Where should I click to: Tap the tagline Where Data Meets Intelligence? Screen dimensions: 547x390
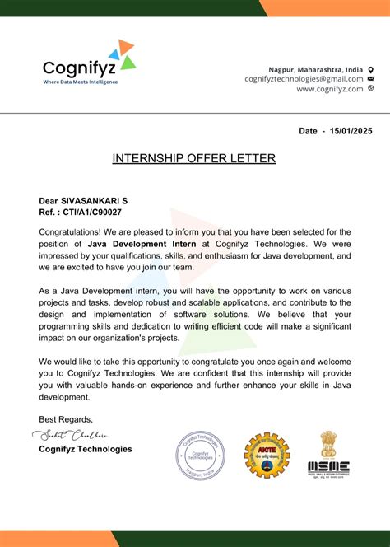pos(80,82)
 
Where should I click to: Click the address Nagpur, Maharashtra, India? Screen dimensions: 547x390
pos(316,69)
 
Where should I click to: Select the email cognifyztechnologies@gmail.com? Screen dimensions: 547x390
pos(304,79)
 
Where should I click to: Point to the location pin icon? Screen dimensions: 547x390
pos(370,69)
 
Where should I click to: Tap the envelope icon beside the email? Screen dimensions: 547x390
pos(370,79)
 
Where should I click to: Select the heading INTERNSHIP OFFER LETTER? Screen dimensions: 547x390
pos(194,158)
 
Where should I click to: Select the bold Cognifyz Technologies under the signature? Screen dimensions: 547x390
pos(86,449)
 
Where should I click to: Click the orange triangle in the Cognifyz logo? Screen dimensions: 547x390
pos(126,45)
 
